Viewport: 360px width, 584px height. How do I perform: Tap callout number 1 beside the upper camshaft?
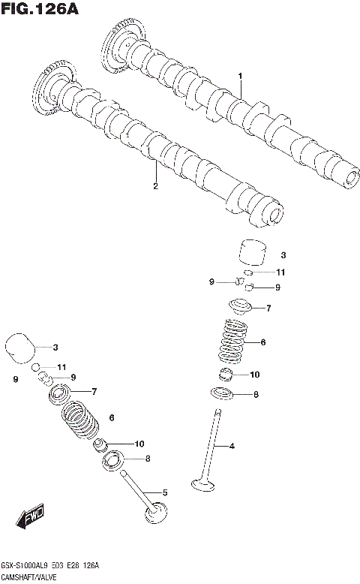click(x=241, y=76)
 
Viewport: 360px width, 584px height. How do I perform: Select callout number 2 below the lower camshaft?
click(x=155, y=186)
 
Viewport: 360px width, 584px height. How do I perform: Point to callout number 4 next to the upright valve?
click(x=232, y=447)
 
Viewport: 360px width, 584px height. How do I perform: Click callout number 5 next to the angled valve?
click(x=165, y=492)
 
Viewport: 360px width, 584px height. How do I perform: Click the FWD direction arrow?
click(x=31, y=517)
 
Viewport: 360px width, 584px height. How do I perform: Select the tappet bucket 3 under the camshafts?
click(x=253, y=254)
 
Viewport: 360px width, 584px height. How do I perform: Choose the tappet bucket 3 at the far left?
click(x=21, y=348)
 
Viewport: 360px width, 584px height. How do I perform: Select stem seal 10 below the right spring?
click(x=227, y=374)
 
